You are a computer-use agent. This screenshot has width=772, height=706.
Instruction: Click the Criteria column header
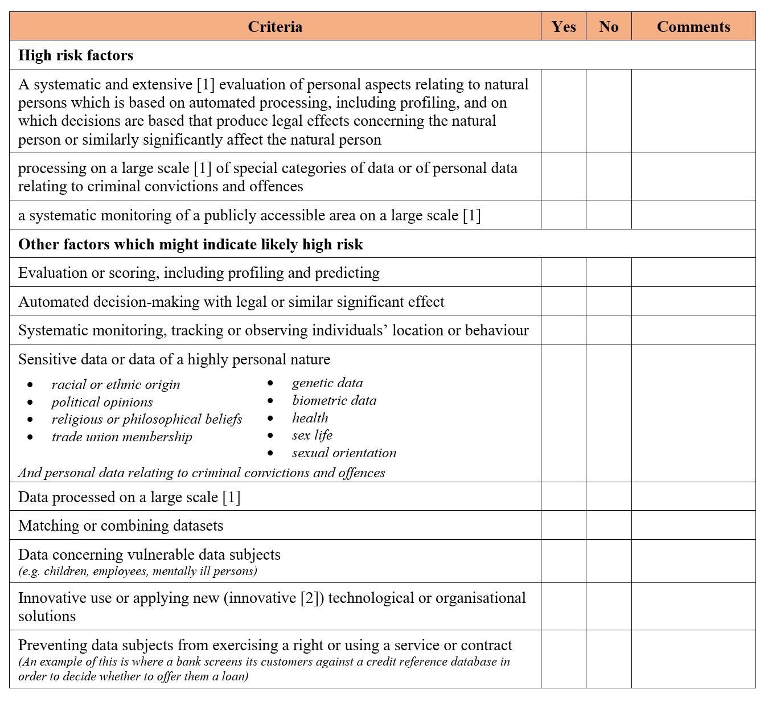tap(275, 27)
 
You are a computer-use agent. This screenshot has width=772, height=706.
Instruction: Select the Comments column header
tap(693, 27)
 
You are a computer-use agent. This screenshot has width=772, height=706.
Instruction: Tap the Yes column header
tap(564, 27)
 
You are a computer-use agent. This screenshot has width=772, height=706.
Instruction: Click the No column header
tap(609, 27)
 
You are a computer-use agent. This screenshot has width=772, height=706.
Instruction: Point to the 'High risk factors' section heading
tap(76, 55)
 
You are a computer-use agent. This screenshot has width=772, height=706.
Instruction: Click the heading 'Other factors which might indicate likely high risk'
tap(191, 244)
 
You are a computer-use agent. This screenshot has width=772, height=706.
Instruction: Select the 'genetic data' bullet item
tap(327, 383)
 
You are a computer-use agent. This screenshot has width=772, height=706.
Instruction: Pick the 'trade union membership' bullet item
tap(122, 437)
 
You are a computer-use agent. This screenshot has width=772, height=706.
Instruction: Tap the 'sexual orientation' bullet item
tap(344, 453)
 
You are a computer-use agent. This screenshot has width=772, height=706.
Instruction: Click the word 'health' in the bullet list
tap(310, 418)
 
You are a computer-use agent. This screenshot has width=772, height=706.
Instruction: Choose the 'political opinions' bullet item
tap(102, 402)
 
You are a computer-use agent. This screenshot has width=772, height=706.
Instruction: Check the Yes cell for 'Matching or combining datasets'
tap(564, 525)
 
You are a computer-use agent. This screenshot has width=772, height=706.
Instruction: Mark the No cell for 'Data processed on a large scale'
tap(609, 496)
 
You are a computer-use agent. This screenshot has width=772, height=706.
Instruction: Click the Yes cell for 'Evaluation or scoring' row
tap(564, 272)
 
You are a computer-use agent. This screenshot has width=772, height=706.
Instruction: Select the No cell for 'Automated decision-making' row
tap(609, 301)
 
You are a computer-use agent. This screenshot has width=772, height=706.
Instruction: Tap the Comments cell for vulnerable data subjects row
tap(693, 561)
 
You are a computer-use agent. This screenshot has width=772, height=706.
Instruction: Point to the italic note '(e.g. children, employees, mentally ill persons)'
tap(138, 571)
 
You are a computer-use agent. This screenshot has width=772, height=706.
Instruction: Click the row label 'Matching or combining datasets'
tap(121, 526)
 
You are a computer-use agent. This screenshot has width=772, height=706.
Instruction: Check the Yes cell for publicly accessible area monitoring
tap(564, 215)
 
